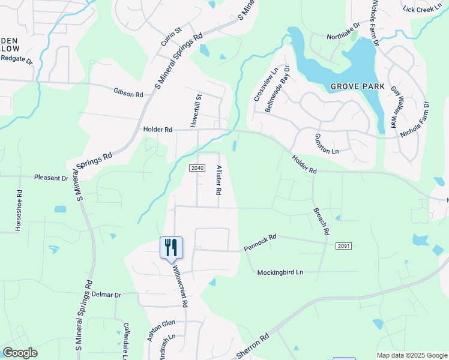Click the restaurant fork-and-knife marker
click(171, 247)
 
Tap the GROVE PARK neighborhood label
click(357, 86)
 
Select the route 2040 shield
click(197, 167)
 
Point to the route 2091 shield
click(343, 246)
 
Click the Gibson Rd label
click(128, 94)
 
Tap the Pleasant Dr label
click(52, 178)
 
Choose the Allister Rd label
click(219, 180)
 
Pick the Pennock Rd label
click(260, 242)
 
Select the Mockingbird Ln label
click(280, 272)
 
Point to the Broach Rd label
click(322, 221)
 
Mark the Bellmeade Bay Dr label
click(277, 89)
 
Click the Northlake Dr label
click(343, 36)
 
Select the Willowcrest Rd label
click(180, 286)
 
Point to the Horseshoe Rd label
click(18, 212)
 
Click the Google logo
click(20, 353)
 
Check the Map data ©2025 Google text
click(411, 355)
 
